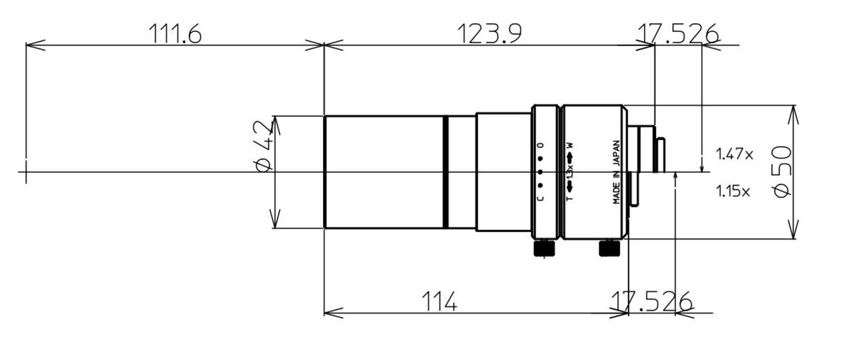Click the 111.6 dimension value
tap(175, 34)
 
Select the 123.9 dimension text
tap(489, 34)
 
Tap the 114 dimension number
tap(439, 302)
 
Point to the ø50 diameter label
tap(782, 171)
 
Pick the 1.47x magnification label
tap(734, 154)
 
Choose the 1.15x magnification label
tap(732, 191)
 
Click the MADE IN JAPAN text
tap(616, 172)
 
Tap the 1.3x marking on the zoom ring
tap(570, 172)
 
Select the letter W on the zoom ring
tap(570, 144)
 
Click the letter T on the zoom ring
tap(570, 198)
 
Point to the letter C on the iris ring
tap(540, 198)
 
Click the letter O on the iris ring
tap(540, 145)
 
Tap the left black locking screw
tap(544, 248)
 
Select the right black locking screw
tap(609, 248)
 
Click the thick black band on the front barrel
tap(446, 172)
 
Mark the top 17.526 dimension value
tap(677, 34)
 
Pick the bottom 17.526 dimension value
tap(651, 302)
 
